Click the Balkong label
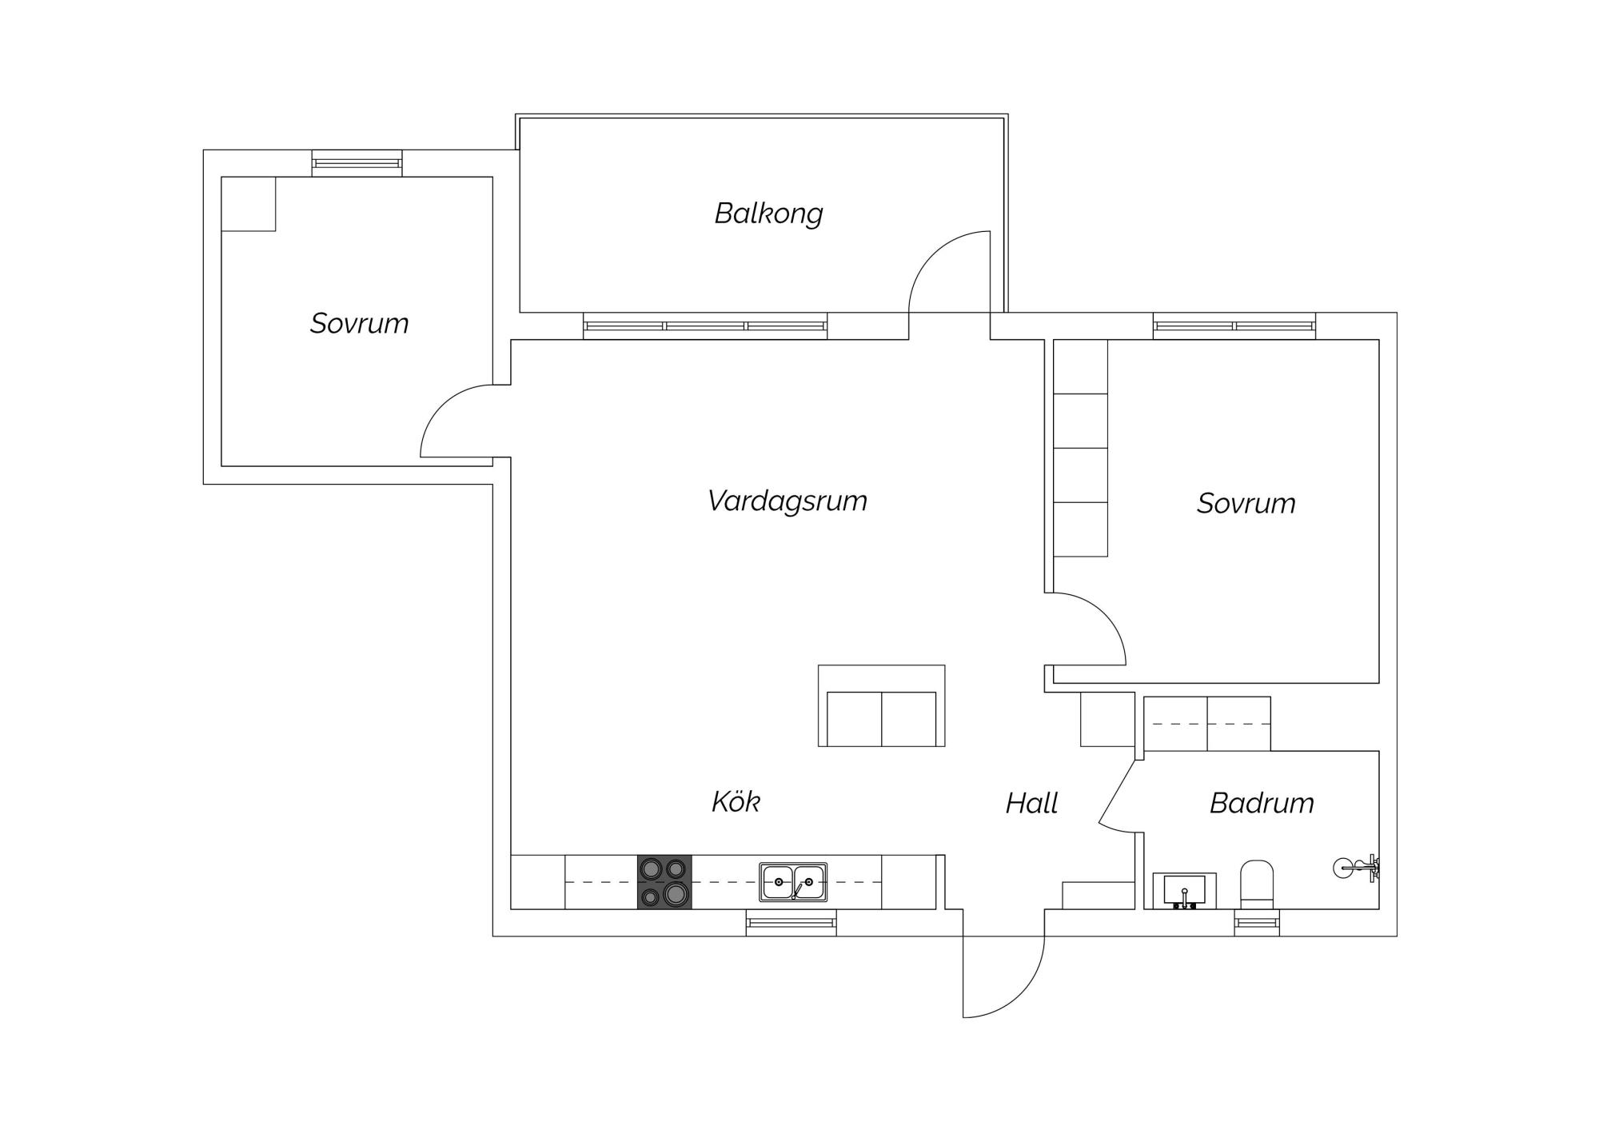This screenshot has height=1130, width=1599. coord(768,214)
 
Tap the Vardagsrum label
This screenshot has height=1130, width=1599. coord(788,501)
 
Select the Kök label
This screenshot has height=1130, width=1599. coord(736,801)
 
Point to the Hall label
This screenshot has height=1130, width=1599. coord(1031,803)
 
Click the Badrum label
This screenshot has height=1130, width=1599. coord(1262,803)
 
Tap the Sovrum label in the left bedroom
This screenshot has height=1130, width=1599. coord(359,323)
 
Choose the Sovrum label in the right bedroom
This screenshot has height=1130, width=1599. coord(1246,503)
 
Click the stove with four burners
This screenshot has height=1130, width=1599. coord(664,882)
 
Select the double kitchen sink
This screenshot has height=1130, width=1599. coord(793,882)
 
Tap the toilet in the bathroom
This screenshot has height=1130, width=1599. coord(1256,884)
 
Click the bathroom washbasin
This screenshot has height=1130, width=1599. coord(1184,891)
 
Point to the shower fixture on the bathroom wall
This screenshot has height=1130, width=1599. coord(1357,867)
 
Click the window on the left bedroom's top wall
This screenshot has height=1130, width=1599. coord(357,163)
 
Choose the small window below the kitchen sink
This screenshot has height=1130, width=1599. coord(792,923)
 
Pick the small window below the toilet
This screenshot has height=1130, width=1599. coord(1257,923)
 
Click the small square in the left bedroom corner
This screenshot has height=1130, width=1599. coord(249,204)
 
